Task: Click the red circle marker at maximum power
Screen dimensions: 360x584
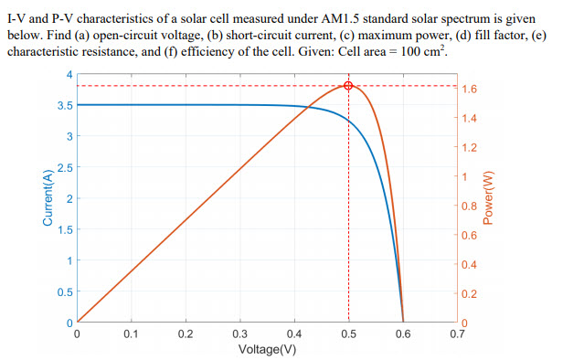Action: coord(348,86)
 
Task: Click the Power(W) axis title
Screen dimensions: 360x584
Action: coord(488,196)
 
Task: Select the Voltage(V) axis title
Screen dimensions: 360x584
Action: coord(266,349)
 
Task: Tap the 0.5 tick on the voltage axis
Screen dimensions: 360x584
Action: coord(348,334)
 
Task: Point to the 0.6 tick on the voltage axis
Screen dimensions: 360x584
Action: coord(402,334)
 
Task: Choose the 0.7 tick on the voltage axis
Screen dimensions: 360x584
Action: coord(456,334)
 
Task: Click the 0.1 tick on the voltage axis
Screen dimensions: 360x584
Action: coord(131,334)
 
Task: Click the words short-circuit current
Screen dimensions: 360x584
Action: coord(266,35)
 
